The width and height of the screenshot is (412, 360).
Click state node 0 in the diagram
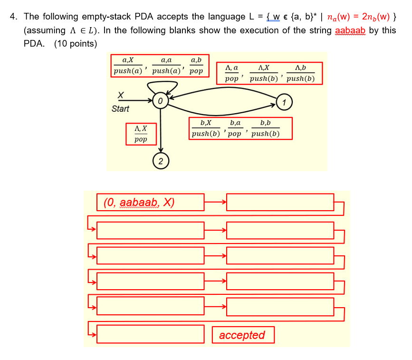tap(161, 101)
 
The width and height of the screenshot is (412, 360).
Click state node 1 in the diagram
tap(284, 102)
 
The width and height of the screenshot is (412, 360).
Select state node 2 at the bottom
tap(161, 162)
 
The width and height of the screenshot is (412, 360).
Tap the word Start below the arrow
tap(120, 109)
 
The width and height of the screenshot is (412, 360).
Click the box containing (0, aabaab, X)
tap(150, 202)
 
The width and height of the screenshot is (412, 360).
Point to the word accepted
tap(242, 335)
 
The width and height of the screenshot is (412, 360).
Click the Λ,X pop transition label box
tap(141, 134)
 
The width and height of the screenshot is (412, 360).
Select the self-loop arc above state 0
tap(162, 86)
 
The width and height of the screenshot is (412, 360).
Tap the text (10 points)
tap(76, 44)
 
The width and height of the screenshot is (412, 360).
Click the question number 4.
tap(14, 17)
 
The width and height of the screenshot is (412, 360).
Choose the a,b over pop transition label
tap(196, 66)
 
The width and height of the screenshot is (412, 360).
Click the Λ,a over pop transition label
tap(232, 73)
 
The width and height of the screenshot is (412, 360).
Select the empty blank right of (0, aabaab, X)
tap(280, 202)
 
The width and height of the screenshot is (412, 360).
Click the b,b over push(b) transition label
tap(265, 128)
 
